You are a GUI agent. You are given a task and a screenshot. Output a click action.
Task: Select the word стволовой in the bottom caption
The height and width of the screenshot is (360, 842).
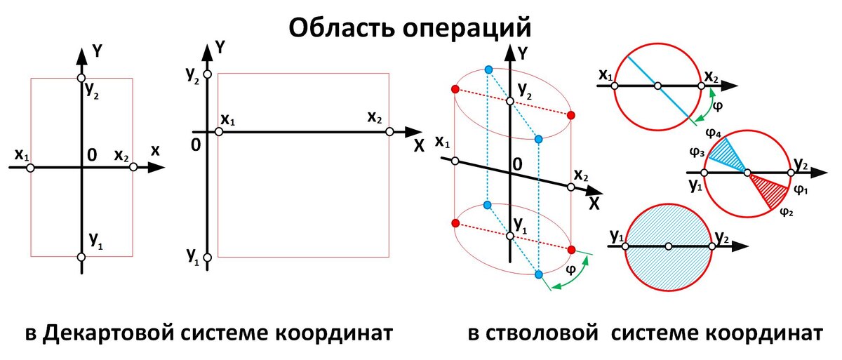tap(548, 333)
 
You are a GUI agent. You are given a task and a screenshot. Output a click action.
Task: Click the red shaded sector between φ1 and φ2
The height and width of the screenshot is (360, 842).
tap(768, 188)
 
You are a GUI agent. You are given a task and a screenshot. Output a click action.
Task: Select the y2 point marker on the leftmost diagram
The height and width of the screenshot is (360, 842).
tap(81, 78)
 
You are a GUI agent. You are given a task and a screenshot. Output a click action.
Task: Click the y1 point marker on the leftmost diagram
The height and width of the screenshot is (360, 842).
tap(81, 257)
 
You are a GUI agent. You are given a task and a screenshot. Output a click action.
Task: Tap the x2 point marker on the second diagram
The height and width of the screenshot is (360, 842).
tap(389, 131)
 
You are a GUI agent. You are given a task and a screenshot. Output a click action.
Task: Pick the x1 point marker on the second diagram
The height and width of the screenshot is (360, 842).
tap(219, 131)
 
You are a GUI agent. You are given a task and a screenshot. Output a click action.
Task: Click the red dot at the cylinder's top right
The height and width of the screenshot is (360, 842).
tap(571, 115)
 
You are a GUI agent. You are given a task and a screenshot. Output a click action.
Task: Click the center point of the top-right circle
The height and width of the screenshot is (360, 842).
tap(657, 86)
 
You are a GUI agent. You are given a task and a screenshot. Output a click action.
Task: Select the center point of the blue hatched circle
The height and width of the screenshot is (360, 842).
tap(669, 246)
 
